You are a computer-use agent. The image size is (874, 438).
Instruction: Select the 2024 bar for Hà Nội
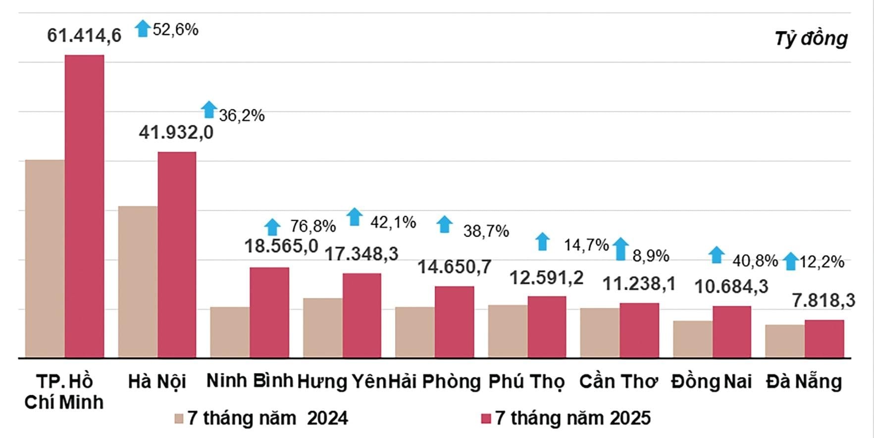(138, 282)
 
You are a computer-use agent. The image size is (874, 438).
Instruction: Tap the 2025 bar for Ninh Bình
(269, 312)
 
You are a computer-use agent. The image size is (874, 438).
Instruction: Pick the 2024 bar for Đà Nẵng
(784, 341)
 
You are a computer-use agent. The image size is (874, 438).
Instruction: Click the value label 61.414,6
(84, 36)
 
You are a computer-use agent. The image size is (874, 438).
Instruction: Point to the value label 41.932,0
(176, 132)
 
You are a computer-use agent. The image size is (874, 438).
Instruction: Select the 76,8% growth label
(312, 226)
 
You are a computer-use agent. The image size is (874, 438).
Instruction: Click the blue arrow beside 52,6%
(143, 28)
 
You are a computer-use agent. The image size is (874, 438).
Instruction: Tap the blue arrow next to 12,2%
(791, 261)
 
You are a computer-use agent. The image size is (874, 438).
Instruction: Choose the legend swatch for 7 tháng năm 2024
(179, 419)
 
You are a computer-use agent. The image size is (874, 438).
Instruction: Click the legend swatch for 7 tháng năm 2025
(486, 419)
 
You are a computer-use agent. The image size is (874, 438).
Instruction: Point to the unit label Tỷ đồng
(811, 39)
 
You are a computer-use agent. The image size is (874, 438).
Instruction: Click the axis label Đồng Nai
(711, 382)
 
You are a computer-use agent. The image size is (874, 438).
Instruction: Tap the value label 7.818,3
(823, 300)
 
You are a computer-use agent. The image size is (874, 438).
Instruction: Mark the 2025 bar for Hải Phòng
(454, 322)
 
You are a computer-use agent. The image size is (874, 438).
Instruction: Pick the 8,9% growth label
(651, 256)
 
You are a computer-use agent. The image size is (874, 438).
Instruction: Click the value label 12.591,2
(546, 278)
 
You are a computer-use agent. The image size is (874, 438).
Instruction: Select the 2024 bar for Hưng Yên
(322, 328)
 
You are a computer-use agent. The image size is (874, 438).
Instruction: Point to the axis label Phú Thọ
(526, 382)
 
